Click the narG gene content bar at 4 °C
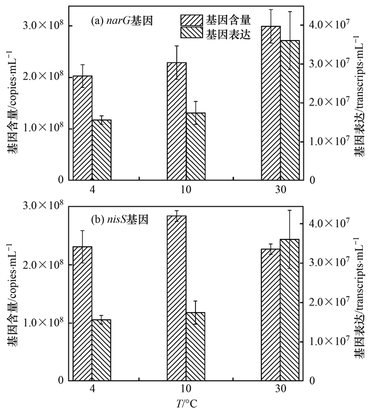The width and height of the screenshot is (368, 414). pyautogui.click(x=83, y=128)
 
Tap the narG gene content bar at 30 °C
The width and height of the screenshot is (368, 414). pyautogui.click(x=271, y=103)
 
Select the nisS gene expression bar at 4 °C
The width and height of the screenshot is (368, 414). pyautogui.click(x=101, y=349)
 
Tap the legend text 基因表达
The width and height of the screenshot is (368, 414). pyautogui.click(x=228, y=34)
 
